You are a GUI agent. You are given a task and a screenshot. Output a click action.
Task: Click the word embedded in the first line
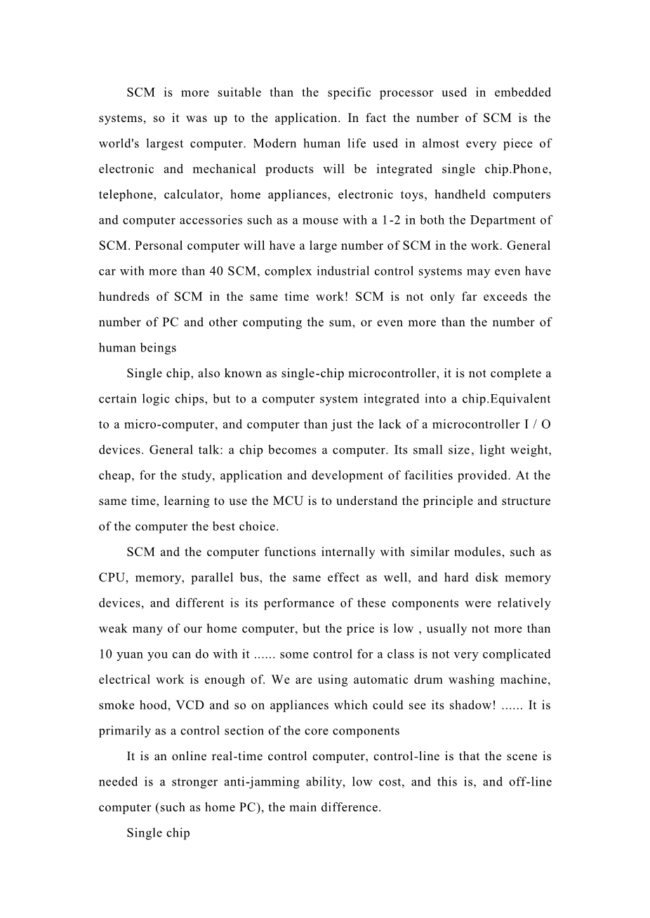(522, 93)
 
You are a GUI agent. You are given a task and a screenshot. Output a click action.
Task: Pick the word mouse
(312, 220)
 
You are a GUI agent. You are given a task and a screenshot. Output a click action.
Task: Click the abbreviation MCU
(287, 501)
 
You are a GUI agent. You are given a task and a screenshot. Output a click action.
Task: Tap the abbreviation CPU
(112, 578)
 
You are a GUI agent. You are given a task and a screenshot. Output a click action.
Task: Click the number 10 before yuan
(105, 654)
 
